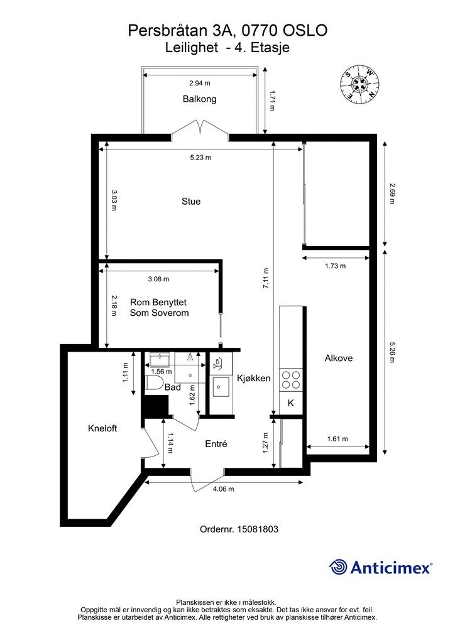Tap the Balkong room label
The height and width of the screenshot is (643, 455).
point(199,99)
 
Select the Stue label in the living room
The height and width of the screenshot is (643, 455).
point(191,202)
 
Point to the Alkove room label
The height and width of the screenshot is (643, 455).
point(339,358)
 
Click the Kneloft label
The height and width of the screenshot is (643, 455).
point(102,428)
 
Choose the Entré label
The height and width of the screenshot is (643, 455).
point(216,444)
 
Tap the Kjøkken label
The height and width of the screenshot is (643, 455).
point(253,378)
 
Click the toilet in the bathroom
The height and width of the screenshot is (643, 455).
point(153,382)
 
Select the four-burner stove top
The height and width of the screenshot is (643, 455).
point(290,380)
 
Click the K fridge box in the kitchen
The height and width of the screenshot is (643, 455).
point(290,403)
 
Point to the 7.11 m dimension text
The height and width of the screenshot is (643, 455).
point(266,279)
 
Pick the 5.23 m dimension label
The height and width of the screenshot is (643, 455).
point(200,158)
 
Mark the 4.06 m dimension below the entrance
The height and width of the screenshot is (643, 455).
point(224,489)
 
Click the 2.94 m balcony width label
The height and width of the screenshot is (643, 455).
point(200,84)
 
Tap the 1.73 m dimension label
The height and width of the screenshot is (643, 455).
point(335,266)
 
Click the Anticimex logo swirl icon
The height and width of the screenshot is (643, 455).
point(339,567)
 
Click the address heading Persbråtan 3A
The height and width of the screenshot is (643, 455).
point(183,31)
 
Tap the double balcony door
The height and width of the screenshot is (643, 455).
point(200,127)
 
